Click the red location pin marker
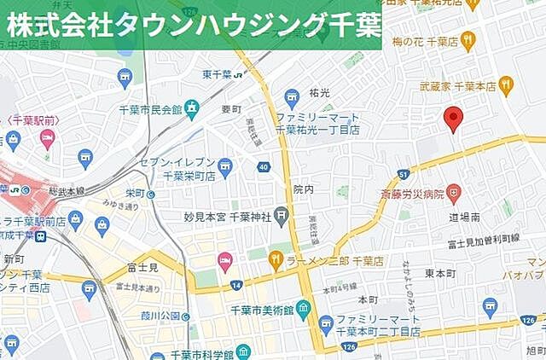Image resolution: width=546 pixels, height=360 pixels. click(x=454, y=119)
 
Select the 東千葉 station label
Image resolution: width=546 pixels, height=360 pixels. click(x=219, y=73)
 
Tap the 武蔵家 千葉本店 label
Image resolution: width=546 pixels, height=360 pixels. click(x=457, y=85)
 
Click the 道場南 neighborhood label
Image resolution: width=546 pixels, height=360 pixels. click(x=466, y=218)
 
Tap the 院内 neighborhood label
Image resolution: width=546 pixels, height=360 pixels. click(x=303, y=189)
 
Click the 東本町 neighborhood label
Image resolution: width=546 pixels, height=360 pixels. click(x=441, y=273)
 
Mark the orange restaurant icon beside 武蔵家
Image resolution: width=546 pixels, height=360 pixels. click(x=507, y=84)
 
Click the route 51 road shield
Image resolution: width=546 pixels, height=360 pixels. click(x=402, y=175)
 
